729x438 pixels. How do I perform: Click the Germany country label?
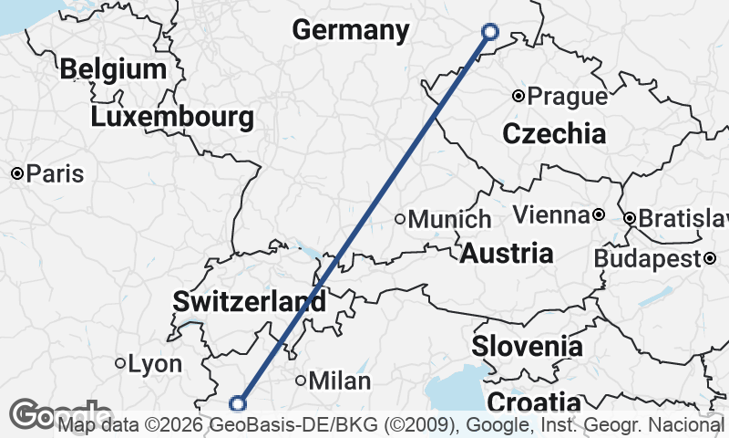click(x=351, y=30)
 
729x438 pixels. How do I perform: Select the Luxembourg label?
click(x=172, y=117)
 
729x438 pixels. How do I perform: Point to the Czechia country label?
click(x=554, y=134)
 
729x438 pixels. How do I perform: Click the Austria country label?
click(x=506, y=253)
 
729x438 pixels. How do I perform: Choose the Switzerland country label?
click(x=249, y=301)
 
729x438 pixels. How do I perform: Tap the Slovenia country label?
click(x=527, y=347)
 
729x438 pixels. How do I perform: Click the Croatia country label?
click(x=534, y=402)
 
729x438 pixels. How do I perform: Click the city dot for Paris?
click(x=17, y=173)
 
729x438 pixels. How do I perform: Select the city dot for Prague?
click(x=518, y=96)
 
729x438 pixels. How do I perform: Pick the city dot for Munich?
click(x=399, y=219)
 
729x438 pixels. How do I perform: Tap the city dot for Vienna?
click(x=598, y=215)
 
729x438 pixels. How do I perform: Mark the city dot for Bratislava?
click(x=630, y=219)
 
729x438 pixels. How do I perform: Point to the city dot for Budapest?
click(x=709, y=259)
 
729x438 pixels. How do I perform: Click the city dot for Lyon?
click(x=120, y=363)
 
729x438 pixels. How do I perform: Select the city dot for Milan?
click(x=302, y=381)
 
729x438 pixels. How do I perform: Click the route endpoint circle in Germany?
click(x=489, y=32)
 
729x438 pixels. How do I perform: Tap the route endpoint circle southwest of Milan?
click(x=238, y=403)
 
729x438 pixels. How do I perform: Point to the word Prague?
click(x=568, y=96)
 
